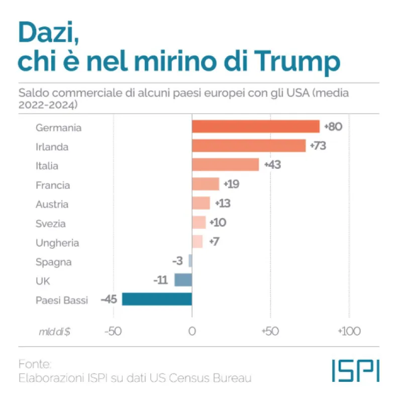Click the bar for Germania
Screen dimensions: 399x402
tap(255, 127)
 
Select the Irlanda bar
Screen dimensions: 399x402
tap(249, 146)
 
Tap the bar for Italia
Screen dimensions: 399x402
tap(225, 165)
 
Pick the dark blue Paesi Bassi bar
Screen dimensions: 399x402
tap(157, 300)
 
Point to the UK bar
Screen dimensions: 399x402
tap(183, 280)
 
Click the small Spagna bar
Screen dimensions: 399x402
tap(190, 261)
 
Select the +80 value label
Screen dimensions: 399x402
tap(333, 127)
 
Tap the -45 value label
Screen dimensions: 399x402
tap(109, 300)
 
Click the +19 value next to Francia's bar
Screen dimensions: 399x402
tap(231, 184)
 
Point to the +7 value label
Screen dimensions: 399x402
tap(213, 242)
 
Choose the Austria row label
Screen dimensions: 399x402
tap(52, 205)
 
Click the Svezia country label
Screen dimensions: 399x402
tap(50, 224)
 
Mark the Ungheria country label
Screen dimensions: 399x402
tap(57, 243)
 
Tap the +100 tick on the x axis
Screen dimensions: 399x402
tap(348, 332)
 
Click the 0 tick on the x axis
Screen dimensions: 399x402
tap(192, 332)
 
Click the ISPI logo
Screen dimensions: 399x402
tap(355, 371)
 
